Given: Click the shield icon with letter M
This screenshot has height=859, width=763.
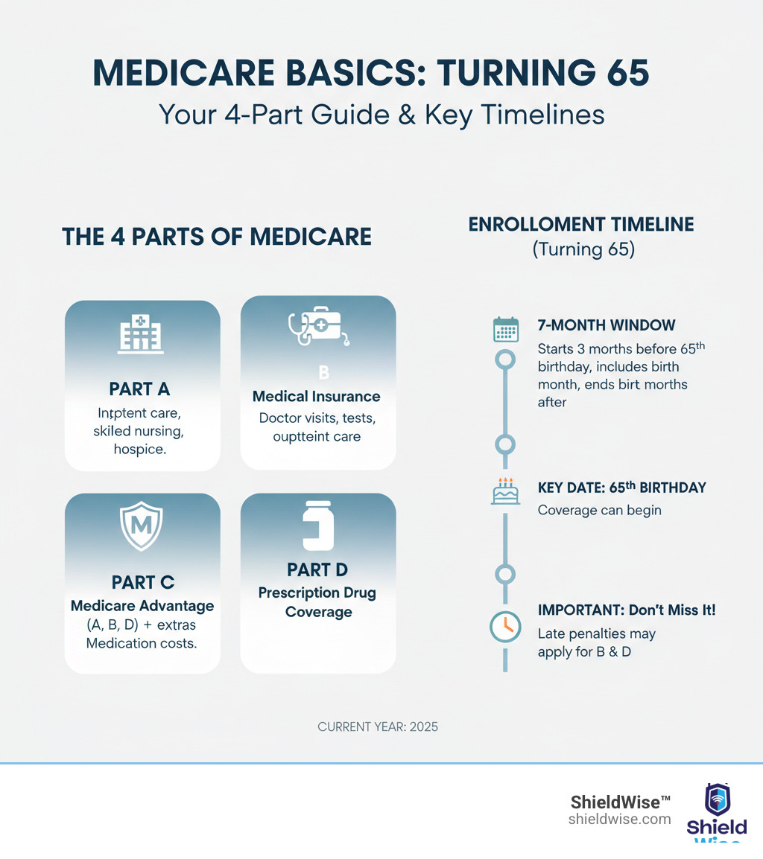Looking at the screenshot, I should [142, 526].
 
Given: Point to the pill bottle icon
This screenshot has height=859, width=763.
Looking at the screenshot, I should [318, 526].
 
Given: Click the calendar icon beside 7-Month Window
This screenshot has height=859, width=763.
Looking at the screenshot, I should [506, 330].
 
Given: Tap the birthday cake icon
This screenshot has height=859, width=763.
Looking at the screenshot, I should [506, 491].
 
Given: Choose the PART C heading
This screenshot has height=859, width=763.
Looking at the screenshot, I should [142, 582].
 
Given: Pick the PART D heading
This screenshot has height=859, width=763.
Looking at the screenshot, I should [318, 569].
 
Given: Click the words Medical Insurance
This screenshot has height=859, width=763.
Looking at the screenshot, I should [317, 396].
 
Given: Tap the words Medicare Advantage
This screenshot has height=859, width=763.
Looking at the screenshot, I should [142, 606].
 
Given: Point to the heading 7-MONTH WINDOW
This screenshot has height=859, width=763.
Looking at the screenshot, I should [606, 325].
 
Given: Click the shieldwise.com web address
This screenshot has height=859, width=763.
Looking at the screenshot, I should [619, 819].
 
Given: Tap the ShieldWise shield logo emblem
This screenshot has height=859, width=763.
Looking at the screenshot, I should [718, 799].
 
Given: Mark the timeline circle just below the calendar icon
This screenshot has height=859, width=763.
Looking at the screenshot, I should [506, 360].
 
